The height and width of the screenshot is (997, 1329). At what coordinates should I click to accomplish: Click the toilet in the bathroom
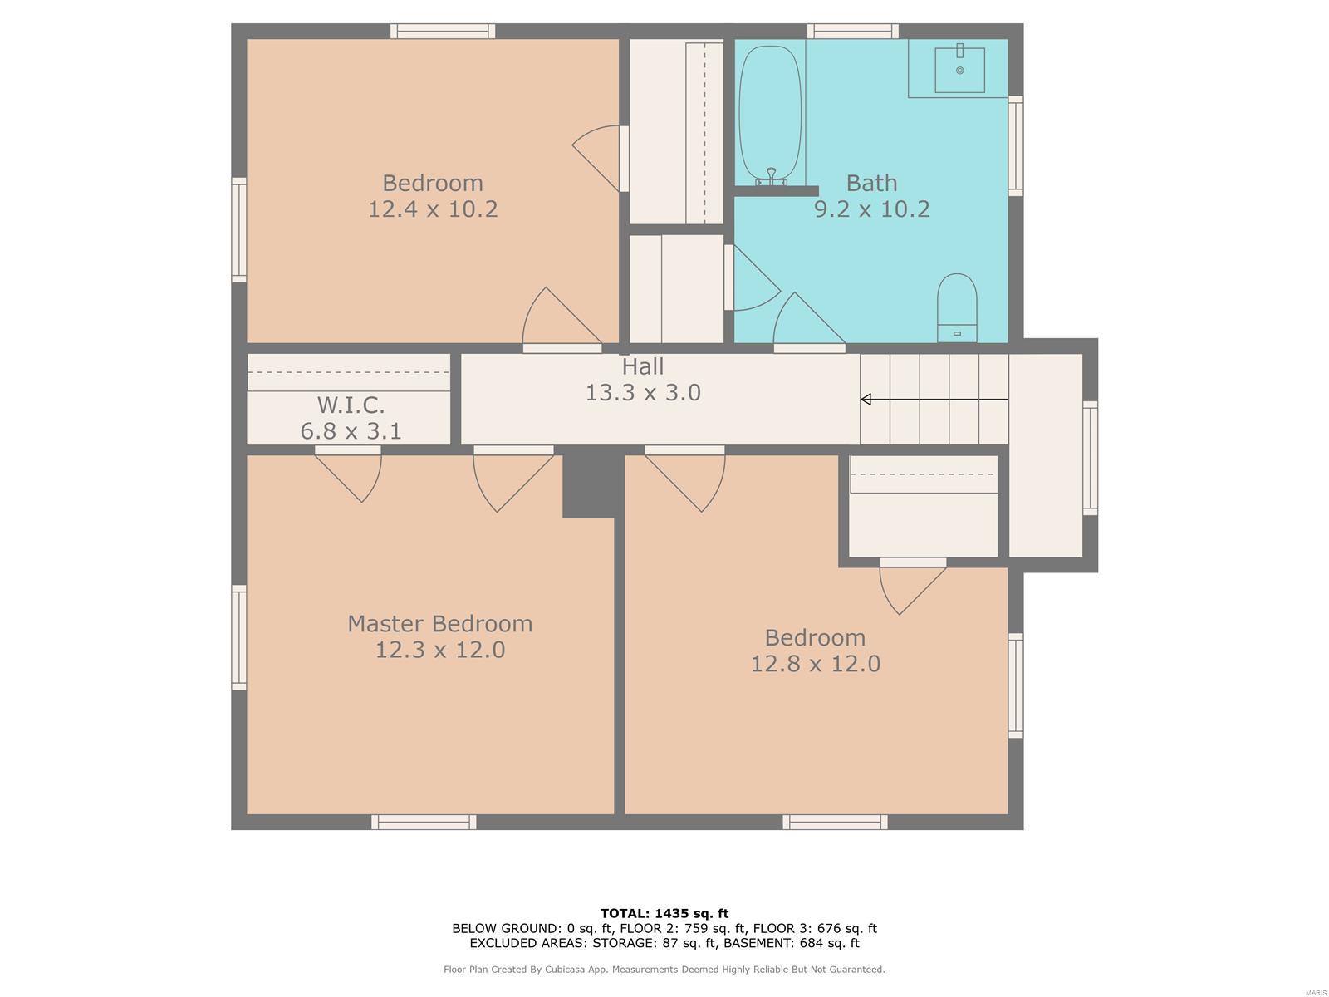coord(957,307)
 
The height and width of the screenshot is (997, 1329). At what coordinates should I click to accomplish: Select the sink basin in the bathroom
coord(959,71)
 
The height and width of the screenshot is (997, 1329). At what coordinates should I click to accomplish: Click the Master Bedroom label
coord(440,623)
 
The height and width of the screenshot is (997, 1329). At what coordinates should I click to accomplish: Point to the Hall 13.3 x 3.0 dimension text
coord(643,392)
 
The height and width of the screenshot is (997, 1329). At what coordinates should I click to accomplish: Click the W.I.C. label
coord(351,405)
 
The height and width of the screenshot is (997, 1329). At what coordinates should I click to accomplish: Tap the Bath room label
coord(871,183)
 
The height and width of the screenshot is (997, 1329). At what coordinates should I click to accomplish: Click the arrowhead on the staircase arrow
coord(866,400)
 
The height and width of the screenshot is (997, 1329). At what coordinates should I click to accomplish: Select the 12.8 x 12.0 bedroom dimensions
coord(816,664)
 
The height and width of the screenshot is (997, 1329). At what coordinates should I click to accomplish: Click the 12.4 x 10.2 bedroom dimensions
coord(433,209)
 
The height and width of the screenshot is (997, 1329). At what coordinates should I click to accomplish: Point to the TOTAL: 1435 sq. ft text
coord(664,913)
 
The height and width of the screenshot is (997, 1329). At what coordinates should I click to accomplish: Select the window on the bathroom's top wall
coord(852,31)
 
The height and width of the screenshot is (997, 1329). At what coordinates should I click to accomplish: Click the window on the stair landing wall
coord(1090,459)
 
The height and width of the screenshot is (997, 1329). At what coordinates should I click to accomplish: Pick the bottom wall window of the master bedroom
coord(424,822)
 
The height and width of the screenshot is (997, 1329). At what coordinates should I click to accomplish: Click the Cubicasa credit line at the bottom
coord(664,969)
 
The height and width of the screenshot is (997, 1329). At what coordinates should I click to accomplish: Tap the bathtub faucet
coord(772,177)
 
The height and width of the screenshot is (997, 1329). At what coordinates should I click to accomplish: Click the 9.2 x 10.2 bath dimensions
coord(871,209)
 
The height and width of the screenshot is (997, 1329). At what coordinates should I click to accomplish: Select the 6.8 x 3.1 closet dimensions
coord(351,431)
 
